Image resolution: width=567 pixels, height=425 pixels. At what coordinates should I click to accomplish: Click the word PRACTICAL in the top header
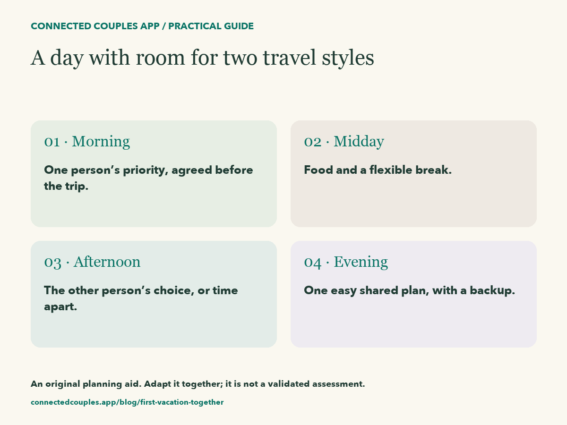point(195,26)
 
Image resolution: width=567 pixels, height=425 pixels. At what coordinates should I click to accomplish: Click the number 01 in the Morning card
point(52,142)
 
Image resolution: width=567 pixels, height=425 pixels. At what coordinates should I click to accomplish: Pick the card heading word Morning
point(101,142)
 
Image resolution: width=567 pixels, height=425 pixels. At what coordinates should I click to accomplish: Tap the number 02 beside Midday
point(313,142)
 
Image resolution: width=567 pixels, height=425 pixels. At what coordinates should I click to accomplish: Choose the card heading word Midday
point(359,142)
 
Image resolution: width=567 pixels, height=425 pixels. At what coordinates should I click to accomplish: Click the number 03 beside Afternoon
point(53,263)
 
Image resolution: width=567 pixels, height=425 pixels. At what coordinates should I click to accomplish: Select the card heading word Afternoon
point(107,262)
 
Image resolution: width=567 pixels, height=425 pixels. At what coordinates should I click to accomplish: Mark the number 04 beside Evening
point(313,263)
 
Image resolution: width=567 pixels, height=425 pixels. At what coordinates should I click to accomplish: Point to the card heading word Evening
point(361,262)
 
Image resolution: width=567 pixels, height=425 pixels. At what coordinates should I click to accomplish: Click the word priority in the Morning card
point(146,170)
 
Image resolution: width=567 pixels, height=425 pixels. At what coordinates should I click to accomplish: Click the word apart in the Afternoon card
point(60,307)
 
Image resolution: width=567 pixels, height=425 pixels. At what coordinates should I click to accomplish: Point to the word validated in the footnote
point(289,384)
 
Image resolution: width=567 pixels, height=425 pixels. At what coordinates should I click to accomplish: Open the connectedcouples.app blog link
point(127,402)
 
